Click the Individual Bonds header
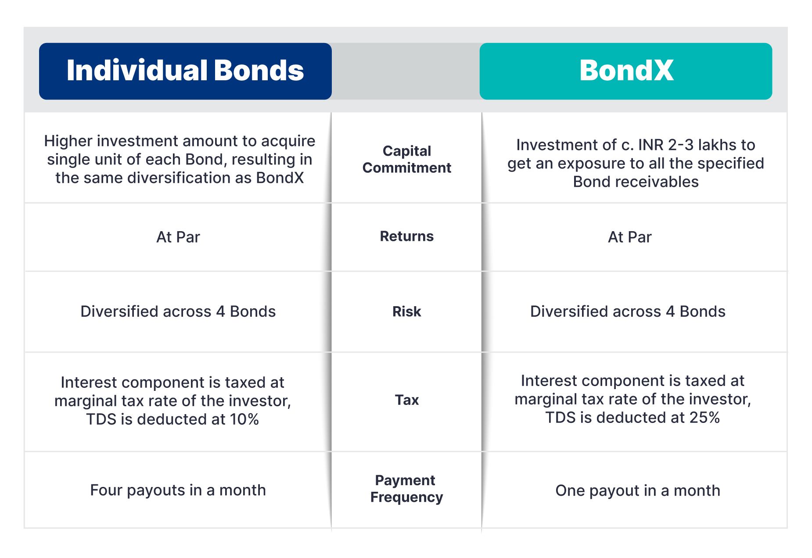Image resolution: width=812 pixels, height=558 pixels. pos(185,71)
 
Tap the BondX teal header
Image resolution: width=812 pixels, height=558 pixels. pos(626,71)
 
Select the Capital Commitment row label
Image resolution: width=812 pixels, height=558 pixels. pos(407,159)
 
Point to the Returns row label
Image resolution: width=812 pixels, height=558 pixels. pos(407,236)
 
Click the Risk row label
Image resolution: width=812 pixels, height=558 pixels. pos(407,311)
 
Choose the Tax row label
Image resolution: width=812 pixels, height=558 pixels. pos(407,400)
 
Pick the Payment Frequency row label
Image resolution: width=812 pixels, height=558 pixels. pos(406,489)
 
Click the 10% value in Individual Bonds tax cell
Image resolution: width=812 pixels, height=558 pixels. pos(244,419)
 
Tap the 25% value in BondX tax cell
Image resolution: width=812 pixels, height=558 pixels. pos(704,418)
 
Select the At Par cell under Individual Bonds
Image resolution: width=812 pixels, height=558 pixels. pos(178,237)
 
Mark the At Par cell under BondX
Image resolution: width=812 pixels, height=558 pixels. pos(630,237)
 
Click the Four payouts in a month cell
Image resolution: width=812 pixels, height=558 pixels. pos(178,490)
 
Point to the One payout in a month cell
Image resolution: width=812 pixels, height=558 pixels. pos(638,490)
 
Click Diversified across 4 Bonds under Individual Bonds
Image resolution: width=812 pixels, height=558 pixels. pos(178,311)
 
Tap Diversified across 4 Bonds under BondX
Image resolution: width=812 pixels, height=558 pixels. pos(628,311)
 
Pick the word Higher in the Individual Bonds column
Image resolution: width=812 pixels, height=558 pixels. pos(68,141)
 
